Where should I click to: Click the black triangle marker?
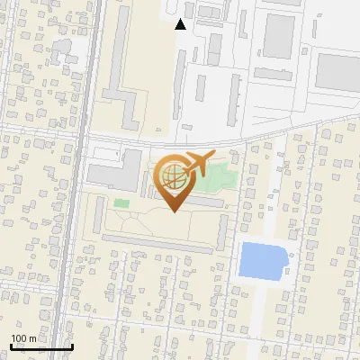click(181, 24)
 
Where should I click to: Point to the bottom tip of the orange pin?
click(175, 212)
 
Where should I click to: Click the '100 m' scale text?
click(24, 338)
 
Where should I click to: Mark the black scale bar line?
click(41, 346)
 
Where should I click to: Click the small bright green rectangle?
click(121, 203)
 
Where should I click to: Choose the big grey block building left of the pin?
click(108, 171)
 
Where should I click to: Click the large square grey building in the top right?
click(279, 36)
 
